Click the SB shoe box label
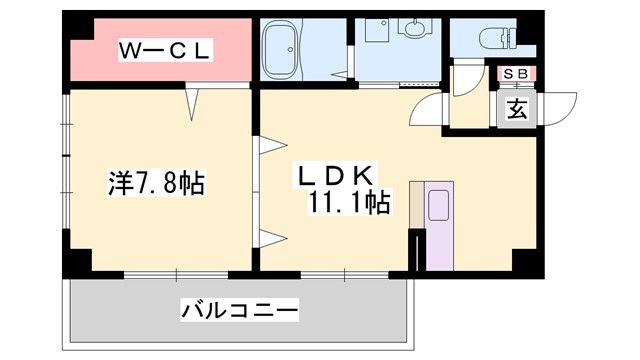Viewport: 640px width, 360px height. click(x=518, y=73)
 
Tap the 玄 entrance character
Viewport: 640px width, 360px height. click(x=517, y=109)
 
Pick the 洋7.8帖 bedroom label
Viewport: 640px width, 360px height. click(x=156, y=183)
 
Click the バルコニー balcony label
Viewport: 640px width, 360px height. click(x=239, y=311)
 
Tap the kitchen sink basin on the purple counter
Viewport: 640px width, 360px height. click(x=438, y=206)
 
